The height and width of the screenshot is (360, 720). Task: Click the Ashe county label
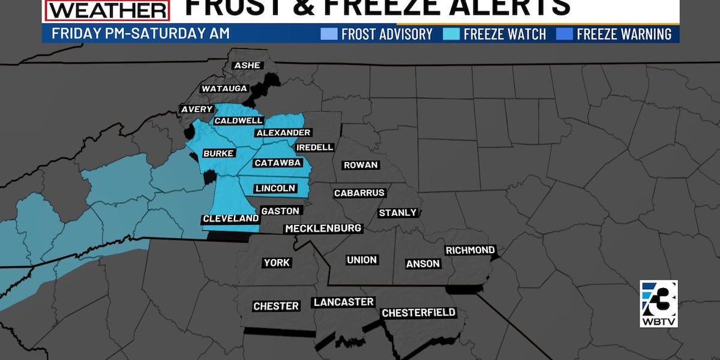tap(246, 65)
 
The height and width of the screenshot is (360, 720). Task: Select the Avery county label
tap(197, 109)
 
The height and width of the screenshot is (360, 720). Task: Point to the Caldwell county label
tap(239, 121)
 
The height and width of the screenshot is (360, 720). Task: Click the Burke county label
tap(218, 154)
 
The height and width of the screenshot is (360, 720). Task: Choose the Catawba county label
tap(277, 163)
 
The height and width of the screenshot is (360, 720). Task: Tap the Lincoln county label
tap(275, 188)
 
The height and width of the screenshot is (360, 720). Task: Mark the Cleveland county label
tap(230, 219)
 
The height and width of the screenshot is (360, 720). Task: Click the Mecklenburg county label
tap(323, 229)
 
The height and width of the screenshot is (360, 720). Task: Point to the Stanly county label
tap(397, 213)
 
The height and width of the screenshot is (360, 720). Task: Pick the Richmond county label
tap(470, 250)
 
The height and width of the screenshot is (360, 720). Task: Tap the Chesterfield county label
tap(419, 313)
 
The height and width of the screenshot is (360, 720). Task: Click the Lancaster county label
tap(343, 302)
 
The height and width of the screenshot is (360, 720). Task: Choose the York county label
tap(277, 263)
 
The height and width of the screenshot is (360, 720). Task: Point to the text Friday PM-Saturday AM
tap(140, 34)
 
